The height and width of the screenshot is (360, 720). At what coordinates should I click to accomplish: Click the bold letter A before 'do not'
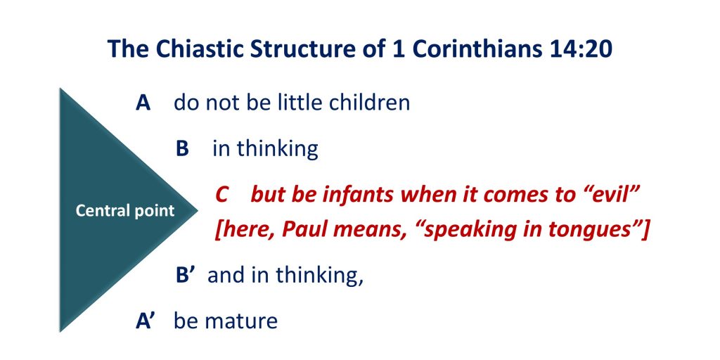coord(143,103)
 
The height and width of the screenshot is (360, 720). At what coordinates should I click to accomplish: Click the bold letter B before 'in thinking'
coord(182,149)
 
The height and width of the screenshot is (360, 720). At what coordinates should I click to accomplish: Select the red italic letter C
coord(222,195)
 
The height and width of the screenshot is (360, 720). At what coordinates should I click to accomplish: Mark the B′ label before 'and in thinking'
coord(186,276)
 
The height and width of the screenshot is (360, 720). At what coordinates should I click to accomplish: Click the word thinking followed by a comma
coord(320,276)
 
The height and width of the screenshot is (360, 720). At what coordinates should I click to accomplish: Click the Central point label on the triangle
coord(125,211)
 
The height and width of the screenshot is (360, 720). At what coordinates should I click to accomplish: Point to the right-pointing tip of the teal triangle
coord(197,210)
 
